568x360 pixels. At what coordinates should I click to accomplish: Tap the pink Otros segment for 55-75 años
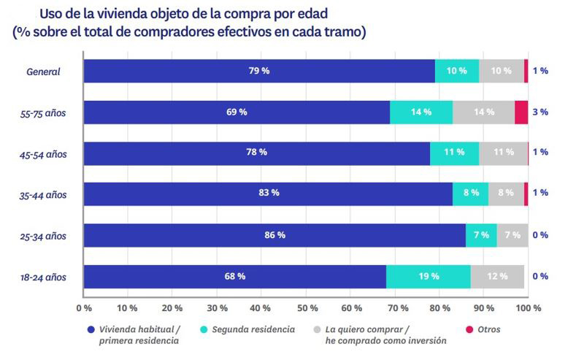[x=521, y=112]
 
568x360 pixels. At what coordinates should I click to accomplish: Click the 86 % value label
[x=275, y=235]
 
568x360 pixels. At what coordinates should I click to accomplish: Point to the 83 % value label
[x=269, y=194]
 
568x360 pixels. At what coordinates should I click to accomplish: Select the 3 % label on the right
[x=540, y=112]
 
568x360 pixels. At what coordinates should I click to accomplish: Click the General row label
[x=43, y=72]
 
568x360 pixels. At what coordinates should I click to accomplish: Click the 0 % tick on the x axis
[x=83, y=308]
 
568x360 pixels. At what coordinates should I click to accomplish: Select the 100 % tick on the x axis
[x=527, y=308]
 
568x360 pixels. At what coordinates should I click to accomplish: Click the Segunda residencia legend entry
[x=253, y=329]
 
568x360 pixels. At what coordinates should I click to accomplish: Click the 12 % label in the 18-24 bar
[x=497, y=277]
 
